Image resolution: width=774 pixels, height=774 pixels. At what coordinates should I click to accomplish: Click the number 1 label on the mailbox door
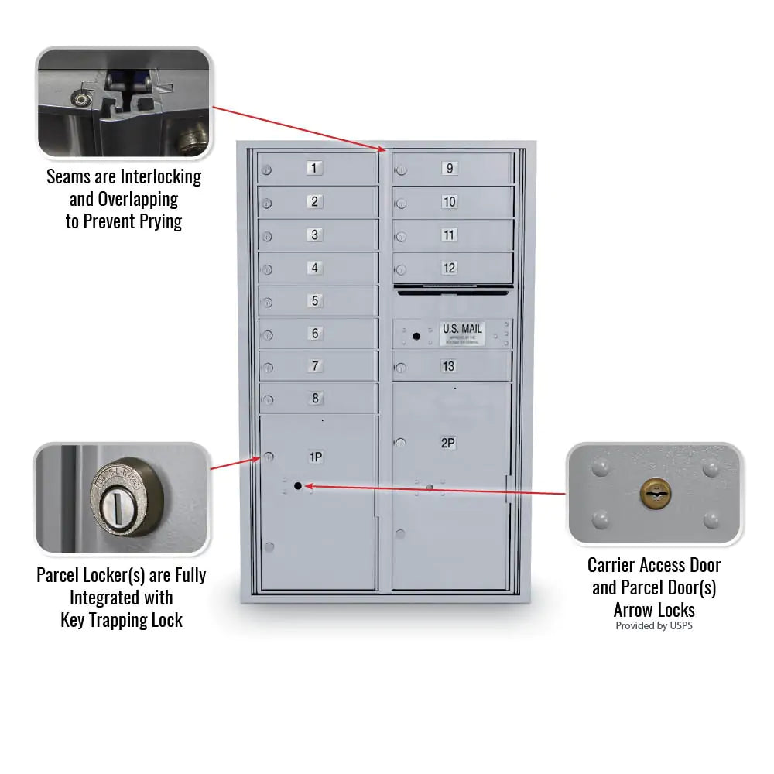[x=313, y=168]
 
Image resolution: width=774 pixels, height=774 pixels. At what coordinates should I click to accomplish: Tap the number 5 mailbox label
[x=314, y=300]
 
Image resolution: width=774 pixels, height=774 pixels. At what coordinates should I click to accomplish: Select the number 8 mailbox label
[x=315, y=399]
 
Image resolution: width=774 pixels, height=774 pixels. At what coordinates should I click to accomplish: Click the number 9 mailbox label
[x=449, y=168]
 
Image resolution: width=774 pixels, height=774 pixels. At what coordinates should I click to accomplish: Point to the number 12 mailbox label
[x=449, y=268]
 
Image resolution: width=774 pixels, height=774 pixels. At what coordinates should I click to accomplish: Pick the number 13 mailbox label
[x=449, y=366]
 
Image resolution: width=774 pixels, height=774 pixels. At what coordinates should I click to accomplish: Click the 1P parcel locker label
[x=316, y=457]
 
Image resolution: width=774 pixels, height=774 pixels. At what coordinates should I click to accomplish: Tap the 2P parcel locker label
[x=447, y=443]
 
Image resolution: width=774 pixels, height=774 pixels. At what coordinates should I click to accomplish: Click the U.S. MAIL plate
[x=461, y=333]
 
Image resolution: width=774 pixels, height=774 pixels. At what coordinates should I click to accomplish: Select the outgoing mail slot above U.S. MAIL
[x=453, y=292]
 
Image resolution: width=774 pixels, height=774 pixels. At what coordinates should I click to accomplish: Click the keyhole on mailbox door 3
[x=267, y=237]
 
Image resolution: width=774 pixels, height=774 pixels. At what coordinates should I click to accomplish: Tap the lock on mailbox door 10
[x=401, y=204]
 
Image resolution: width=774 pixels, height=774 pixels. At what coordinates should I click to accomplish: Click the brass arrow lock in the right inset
[x=654, y=492]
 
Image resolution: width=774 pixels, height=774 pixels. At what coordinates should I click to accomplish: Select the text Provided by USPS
[x=654, y=625]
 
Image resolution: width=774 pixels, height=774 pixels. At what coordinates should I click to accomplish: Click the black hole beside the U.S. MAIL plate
[x=416, y=336]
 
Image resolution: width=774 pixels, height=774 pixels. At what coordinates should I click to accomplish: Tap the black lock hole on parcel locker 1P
[x=297, y=485]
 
